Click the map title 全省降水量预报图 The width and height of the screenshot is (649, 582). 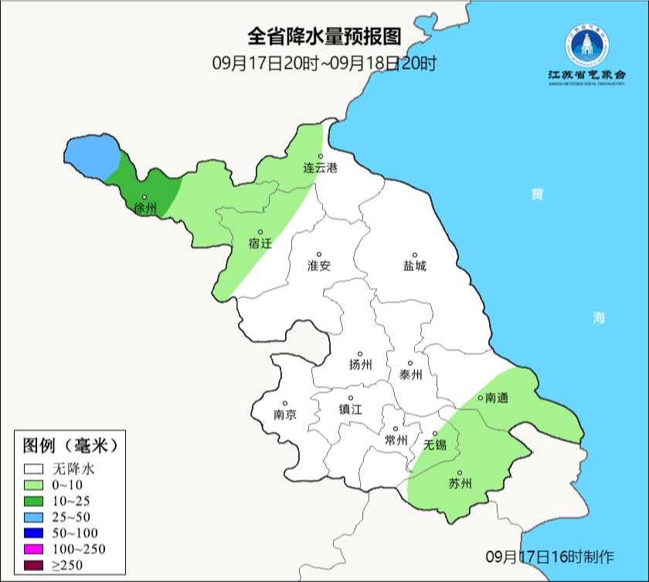point(324,36)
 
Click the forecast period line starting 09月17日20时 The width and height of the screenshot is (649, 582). point(324,63)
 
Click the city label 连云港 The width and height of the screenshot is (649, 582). point(320,168)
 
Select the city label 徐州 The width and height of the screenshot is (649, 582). point(144,208)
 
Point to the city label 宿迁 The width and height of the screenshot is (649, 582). point(260,244)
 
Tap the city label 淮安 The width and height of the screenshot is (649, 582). point(318,266)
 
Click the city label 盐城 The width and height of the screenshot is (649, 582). point(414,266)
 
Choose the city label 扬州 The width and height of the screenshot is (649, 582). point(360,364)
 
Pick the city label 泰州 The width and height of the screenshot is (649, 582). point(410,375)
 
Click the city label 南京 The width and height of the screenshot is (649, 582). point(284,415)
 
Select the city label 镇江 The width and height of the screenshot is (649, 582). point(350,410)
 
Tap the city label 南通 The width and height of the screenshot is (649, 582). point(494,399)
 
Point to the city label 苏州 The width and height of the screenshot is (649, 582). point(460,485)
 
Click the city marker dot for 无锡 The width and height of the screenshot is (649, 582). point(435,433)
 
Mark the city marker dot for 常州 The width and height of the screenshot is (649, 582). point(396,429)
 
